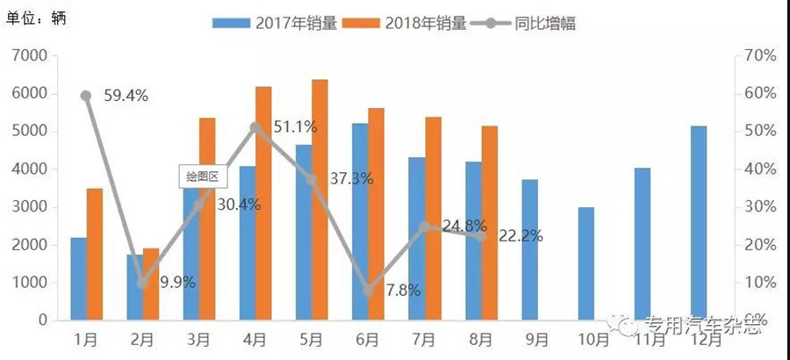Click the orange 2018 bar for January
[x=94, y=255]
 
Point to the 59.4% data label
[x=125, y=97]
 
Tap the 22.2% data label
[x=521, y=235]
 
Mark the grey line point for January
[x=86, y=96]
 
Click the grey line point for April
[x=255, y=127]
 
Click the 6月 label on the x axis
[x=369, y=339]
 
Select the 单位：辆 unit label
[x=34, y=17]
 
